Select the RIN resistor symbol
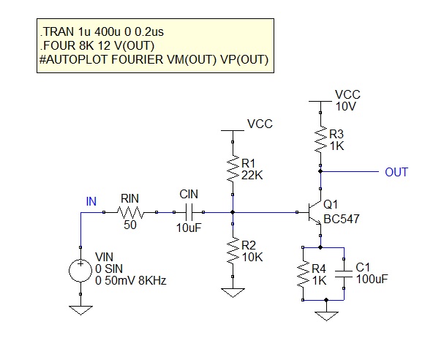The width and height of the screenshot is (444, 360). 130,212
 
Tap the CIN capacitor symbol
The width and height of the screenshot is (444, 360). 189,212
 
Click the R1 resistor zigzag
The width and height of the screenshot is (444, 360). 233,168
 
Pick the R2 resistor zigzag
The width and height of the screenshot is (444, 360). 233,250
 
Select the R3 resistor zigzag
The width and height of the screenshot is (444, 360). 320,139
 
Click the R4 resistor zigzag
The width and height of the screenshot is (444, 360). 303,274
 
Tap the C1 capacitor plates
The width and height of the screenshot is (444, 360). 344,274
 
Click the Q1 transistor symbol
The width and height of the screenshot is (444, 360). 315,212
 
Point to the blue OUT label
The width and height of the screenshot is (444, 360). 396,172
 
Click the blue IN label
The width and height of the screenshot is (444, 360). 91,201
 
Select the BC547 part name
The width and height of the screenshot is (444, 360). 342,219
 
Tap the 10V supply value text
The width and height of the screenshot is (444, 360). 346,107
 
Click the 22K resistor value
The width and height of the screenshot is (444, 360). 252,176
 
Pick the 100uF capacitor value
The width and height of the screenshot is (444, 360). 372,279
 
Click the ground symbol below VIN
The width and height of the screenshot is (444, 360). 80,310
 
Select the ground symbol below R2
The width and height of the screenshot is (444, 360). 233,293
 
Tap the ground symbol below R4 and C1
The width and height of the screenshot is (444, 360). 326,316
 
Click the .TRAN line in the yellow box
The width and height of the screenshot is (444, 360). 102,31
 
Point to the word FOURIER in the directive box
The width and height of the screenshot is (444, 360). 137,60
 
